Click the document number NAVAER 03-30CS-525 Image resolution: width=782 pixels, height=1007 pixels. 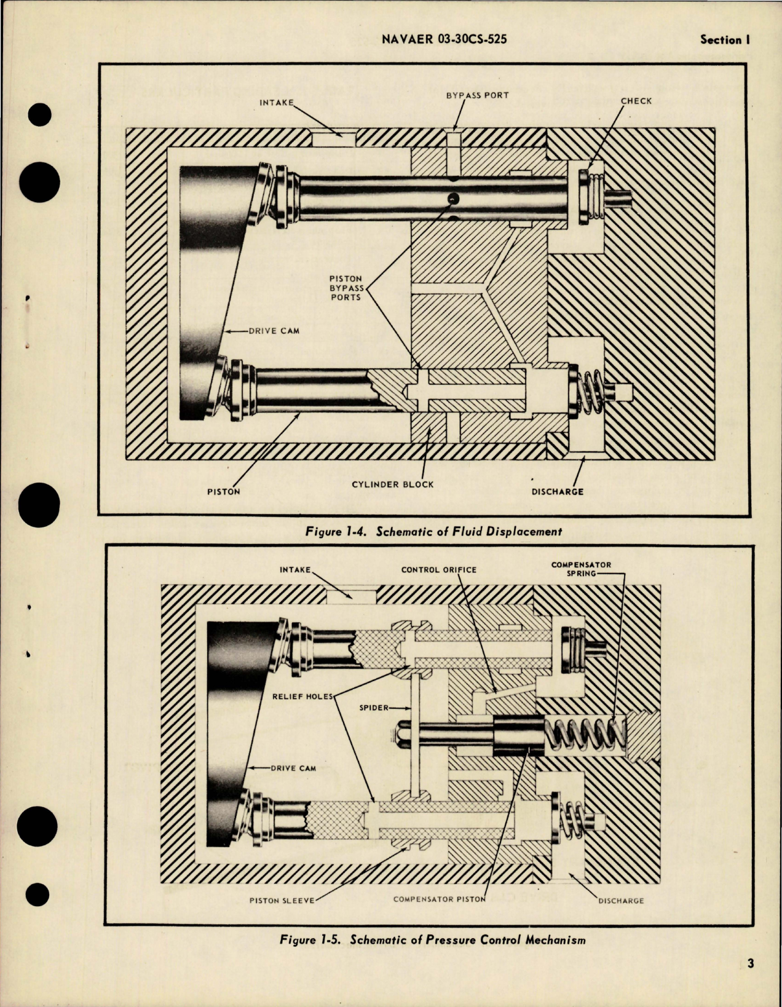coord(444,40)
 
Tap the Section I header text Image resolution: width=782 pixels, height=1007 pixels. coord(725,40)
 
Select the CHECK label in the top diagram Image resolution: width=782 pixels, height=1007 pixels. coord(636,101)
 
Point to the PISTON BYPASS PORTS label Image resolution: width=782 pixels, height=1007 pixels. coord(346,288)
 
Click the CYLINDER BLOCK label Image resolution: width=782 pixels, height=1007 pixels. coord(392,484)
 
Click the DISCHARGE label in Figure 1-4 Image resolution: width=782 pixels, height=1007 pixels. coord(558,491)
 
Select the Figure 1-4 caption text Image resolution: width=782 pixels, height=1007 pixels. coord(433,531)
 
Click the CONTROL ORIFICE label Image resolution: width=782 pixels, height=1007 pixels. coord(438,570)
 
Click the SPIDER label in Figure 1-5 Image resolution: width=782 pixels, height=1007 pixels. coord(374,708)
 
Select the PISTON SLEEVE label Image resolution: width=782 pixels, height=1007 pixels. coord(282,901)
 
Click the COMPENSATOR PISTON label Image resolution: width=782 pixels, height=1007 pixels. coord(439,899)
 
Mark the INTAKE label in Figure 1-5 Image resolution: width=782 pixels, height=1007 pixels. coord(295,570)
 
